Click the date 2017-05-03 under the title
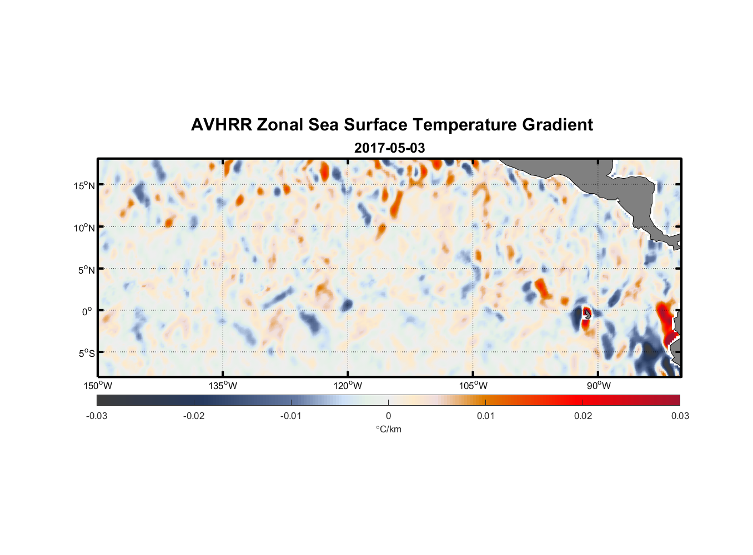point(389,148)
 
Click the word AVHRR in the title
point(221,125)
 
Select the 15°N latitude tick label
point(84,185)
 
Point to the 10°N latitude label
point(84,228)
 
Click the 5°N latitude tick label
point(86,270)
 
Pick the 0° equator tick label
point(87,311)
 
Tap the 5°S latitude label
point(86,354)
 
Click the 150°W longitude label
point(98,386)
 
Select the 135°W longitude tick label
point(223,386)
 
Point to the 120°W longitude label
point(348,386)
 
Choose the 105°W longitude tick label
point(473,386)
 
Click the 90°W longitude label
point(599,386)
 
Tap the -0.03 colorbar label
point(97,416)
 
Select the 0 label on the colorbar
point(388,416)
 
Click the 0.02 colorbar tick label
point(583,416)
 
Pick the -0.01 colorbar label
point(291,416)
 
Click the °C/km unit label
point(388,429)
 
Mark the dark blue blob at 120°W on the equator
point(347,305)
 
